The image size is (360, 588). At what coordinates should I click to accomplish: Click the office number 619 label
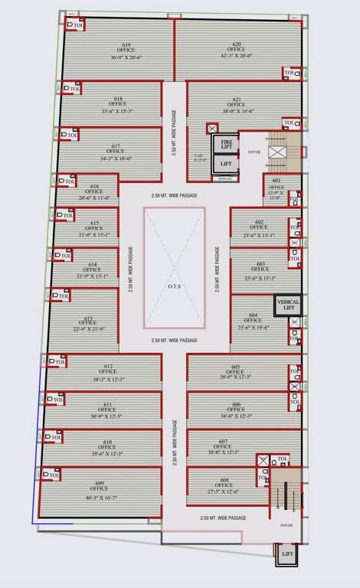[115, 44]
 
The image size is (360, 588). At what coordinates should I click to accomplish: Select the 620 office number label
[237, 44]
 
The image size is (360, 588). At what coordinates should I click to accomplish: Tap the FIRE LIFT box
[226, 143]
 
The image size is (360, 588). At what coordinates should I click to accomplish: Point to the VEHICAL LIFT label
[289, 305]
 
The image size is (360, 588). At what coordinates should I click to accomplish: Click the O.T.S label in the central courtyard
[174, 288]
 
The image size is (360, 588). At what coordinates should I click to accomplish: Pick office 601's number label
[276, 181]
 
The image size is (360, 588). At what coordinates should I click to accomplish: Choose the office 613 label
[89, 319]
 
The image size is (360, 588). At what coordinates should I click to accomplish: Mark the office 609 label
[100, 482]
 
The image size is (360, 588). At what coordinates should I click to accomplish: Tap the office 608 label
[224, 480]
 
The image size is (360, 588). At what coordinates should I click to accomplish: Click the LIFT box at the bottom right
[287, 553]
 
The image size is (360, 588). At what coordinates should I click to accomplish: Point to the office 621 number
[237, 99]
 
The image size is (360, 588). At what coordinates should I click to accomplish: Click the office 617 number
[116, 145]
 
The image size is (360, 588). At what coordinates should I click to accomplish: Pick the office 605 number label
[236, 366]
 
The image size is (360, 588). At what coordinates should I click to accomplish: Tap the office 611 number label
[108, 403]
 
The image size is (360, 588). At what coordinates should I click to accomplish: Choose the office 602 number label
[260, 222]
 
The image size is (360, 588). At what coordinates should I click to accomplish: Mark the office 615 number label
[94, 223]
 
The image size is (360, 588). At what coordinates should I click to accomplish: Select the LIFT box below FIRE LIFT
[226, 164]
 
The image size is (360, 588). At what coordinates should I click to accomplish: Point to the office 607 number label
[224, 441]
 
